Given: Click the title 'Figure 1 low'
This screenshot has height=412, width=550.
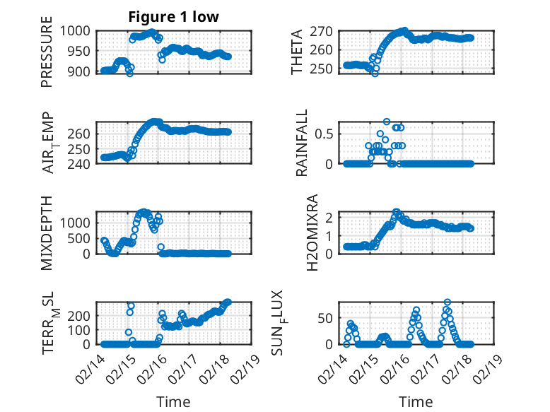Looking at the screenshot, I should (173, 17).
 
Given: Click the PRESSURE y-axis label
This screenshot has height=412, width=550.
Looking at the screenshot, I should (47, 57).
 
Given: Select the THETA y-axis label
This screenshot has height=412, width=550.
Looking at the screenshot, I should (297, 52).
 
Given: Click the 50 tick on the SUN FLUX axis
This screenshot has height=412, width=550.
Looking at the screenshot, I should (326, 319).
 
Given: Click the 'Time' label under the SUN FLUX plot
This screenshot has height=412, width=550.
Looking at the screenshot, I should (416, 402).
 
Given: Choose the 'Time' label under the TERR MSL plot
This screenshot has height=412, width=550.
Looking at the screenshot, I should (173, 402).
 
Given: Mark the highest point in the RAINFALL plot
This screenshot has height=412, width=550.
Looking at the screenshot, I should (387, 122).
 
